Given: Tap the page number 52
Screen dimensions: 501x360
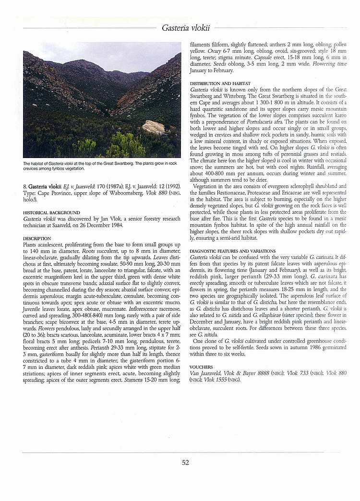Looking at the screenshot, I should point(185,463).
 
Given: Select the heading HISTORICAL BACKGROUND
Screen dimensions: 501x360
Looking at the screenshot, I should point(51,212).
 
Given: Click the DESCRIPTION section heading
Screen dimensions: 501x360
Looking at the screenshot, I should point(37,238).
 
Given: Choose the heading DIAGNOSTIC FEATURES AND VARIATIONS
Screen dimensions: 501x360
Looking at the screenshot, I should point(233,251).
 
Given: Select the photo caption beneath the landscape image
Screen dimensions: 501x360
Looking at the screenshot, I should point(101,166).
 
